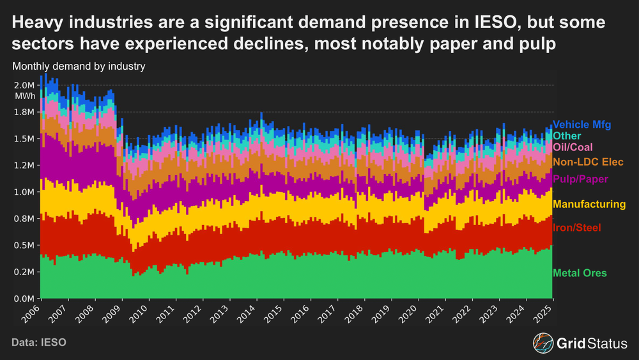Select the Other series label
point(567,136)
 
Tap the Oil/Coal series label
point(573,148)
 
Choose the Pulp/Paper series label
point(580,179)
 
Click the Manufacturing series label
point(589,205)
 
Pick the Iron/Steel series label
point(576,228)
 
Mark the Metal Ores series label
point(580,274)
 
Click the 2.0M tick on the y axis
point(24,85)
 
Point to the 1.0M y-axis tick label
point(24,192)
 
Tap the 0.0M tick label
point(24,299)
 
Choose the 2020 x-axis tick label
point(410,315)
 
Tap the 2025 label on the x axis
point(544,315)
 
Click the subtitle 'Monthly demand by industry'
point(78,65)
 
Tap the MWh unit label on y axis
point(24,97)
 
